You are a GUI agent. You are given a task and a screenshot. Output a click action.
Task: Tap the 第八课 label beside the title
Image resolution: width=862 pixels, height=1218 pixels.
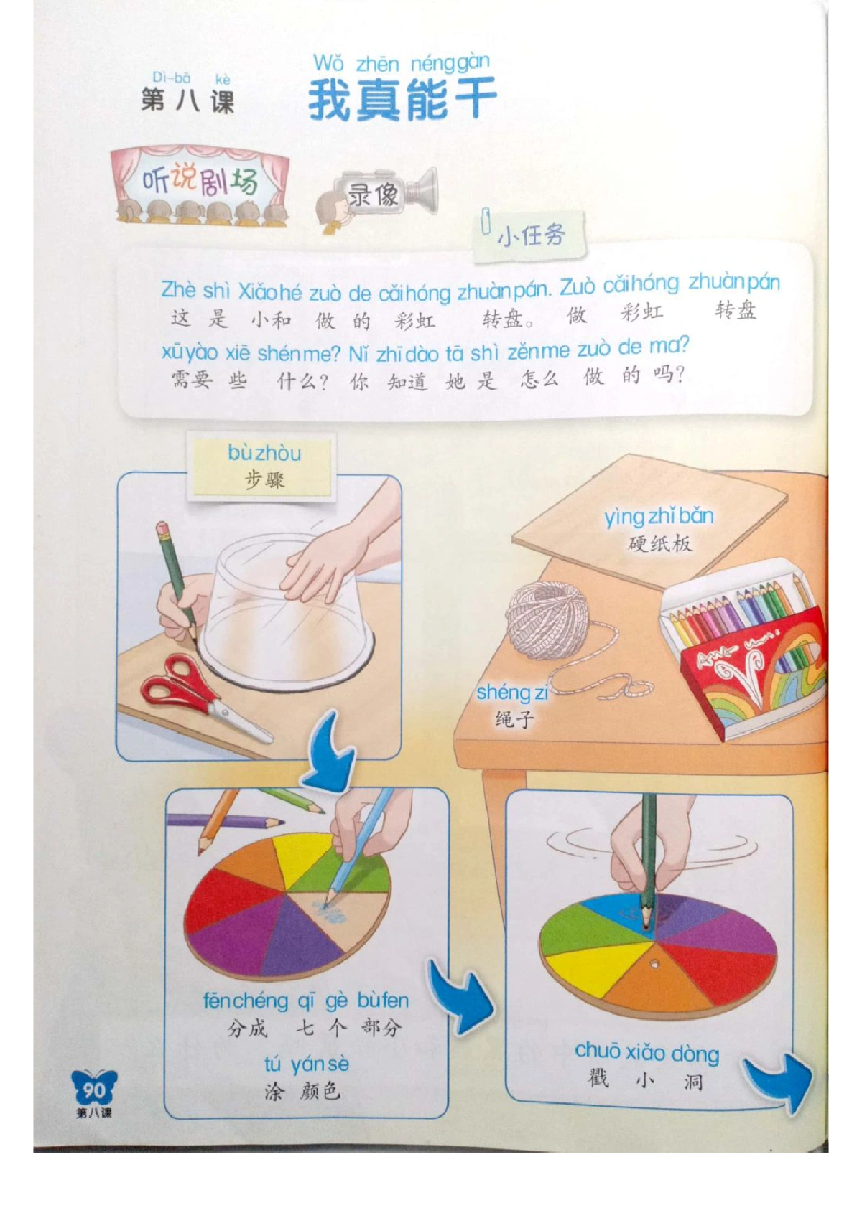point(188,101)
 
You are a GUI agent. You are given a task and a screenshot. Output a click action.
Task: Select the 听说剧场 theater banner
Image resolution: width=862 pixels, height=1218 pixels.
point(200,185)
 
